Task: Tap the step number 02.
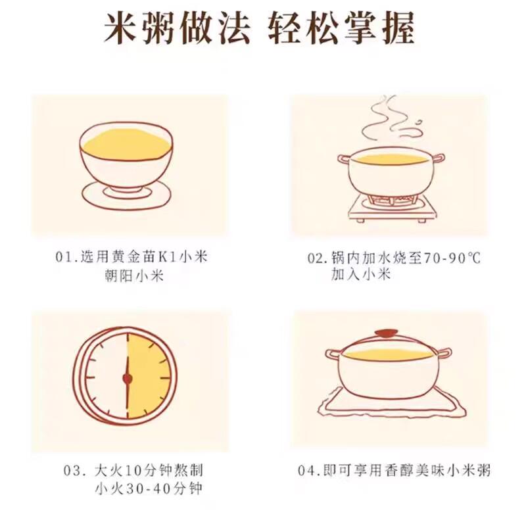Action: click(316, 258)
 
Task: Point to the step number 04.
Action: click(307, 470)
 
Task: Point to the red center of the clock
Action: click(128, 379)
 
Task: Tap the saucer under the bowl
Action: click(127, 195)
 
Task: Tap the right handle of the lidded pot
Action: click(443, 354)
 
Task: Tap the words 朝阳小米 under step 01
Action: click(134, 276)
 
